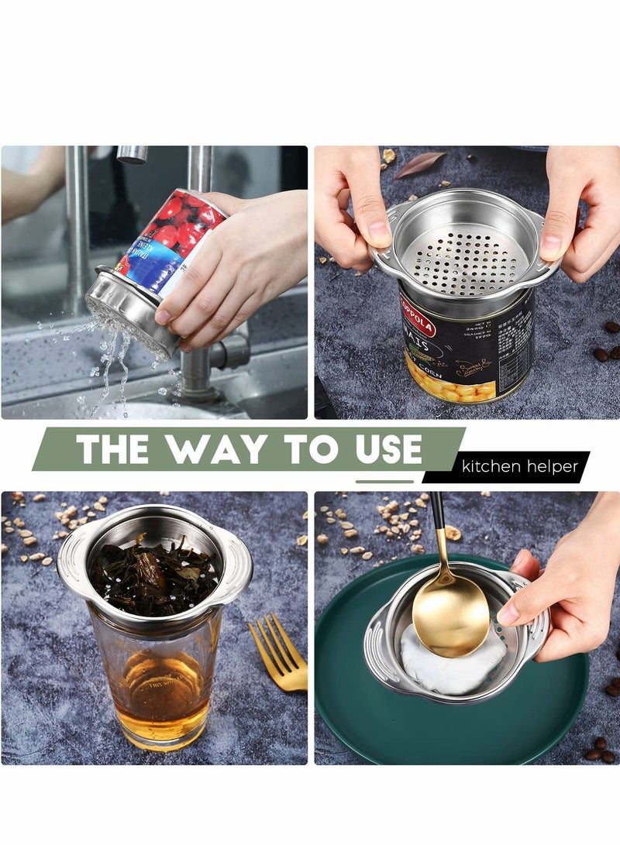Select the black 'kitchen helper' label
pyautogui.click(x=520, y=467)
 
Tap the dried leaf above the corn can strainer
pyautogui.click(x=420, y=163)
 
